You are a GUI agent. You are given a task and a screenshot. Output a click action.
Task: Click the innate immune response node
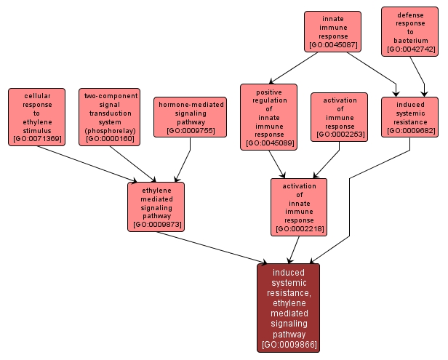coord(332,31)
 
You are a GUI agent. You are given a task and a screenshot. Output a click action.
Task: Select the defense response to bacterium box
coord(410,31)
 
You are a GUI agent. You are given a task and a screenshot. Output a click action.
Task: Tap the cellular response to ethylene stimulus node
coord(36,116)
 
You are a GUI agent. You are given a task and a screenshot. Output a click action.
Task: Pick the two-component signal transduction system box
coord(109,116)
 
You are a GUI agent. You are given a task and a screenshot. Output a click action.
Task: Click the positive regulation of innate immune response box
coord(268,116)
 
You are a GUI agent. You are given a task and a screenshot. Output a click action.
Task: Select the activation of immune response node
coord(339,116)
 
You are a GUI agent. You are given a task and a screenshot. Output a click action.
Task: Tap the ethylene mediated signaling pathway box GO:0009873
coord(156,206)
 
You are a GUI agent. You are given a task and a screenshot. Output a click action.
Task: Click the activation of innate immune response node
coord(298,207)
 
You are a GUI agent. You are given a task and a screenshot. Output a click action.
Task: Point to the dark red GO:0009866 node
coord(288,308)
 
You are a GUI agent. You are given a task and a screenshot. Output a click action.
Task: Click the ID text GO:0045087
coord(332,45)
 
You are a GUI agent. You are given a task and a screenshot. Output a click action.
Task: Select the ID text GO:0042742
coord(410,49)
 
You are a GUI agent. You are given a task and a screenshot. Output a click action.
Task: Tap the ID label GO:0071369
coord(36,138)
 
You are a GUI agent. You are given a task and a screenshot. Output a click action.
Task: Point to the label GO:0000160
coord(109,138)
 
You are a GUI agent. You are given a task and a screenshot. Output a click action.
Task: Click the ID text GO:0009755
coord(191,130)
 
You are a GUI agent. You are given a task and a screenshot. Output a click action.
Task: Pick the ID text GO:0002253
coord(339,135)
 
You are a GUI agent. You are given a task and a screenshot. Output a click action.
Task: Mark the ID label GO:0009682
coord(410,130)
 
